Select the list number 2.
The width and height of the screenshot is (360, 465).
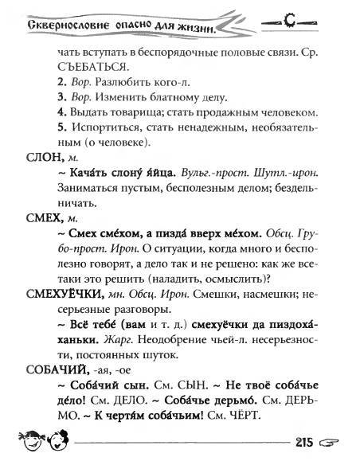click(63, 81)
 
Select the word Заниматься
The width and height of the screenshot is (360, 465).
click(90, 190)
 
